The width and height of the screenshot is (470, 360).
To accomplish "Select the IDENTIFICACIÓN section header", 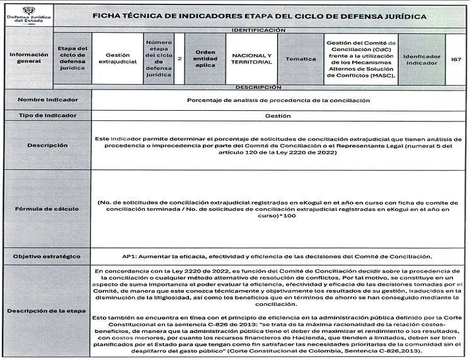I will click(259, 30).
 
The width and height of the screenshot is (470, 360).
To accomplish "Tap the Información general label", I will click(28, 58).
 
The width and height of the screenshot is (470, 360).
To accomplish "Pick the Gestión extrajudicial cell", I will click(118, 59).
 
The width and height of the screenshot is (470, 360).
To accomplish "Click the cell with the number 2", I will click(180, 59).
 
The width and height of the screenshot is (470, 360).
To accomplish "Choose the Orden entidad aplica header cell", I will click(205, 59).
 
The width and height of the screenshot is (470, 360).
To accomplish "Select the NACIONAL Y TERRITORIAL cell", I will click(251, 59).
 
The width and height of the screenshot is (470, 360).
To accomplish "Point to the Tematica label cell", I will click(301, 59).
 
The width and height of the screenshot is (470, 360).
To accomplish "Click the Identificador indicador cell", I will click(421, 59).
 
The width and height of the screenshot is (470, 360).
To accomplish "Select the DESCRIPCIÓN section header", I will click(259, 87).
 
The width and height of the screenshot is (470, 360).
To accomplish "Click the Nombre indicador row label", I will click(48, 100).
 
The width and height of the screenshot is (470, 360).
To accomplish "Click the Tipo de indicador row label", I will click(48, 116).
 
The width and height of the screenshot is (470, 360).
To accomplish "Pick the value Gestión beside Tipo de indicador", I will click(278, 116).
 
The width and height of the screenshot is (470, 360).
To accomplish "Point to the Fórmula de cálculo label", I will click(48, 208).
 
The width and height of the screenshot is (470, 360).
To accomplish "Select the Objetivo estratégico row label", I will click(48, 256).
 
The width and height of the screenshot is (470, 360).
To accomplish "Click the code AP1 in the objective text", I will click(129, 256).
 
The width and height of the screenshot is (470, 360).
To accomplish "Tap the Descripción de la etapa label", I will click(48, 312).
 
